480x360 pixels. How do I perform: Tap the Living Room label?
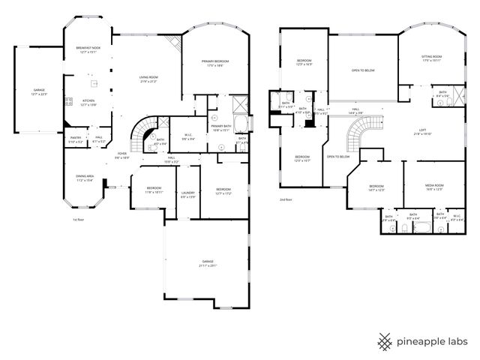(148, 79)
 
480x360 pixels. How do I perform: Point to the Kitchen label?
(88, 102)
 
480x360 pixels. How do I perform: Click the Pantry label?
(76, 139)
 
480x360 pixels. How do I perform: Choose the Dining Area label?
(84, 178)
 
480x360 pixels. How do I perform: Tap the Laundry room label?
(188, 194)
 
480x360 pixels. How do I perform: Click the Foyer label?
(121, 155)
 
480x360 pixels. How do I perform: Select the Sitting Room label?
(431, 58)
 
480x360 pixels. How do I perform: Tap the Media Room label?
(434, 187)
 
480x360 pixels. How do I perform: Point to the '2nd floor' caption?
(285, 199)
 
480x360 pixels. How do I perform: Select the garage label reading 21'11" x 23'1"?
(206, 262)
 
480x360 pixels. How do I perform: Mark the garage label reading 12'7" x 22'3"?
(38, 91)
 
